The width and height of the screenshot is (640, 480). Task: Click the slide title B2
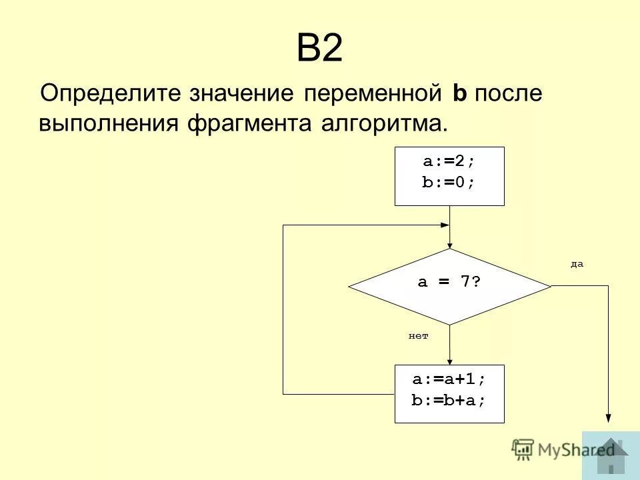coord(319,49)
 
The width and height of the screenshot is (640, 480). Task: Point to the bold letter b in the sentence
coord(459,93)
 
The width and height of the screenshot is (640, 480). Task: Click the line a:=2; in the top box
coord(449,162)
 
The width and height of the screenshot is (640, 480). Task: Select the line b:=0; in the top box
coord(449,183)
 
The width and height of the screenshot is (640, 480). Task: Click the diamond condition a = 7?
coord(449,282)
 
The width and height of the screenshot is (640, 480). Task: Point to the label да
coord(577,265)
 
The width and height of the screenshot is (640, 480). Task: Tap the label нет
coord(418,337)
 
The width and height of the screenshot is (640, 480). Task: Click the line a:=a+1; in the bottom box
coord(449,379)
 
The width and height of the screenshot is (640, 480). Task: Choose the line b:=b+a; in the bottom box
coord(449,400)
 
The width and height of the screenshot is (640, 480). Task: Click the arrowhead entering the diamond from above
coord(450,245)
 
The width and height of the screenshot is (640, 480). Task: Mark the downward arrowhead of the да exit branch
coord(608,417)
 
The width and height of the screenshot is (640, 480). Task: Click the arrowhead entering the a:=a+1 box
coord(450,361)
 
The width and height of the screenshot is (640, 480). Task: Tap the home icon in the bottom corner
coord(611,455)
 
